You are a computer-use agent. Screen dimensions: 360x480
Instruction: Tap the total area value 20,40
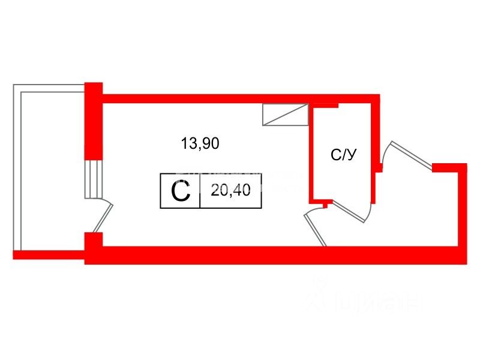230,191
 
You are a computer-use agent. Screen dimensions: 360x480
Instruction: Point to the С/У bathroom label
344,155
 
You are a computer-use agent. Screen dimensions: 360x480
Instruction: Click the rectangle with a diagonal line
285,115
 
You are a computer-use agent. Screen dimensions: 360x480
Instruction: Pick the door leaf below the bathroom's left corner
316,229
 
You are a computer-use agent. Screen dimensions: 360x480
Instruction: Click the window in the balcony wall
93,179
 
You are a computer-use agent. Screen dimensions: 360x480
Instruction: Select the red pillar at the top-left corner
94,120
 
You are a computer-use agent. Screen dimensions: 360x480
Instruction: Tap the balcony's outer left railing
17,168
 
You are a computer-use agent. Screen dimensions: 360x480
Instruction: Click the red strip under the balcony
48,255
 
